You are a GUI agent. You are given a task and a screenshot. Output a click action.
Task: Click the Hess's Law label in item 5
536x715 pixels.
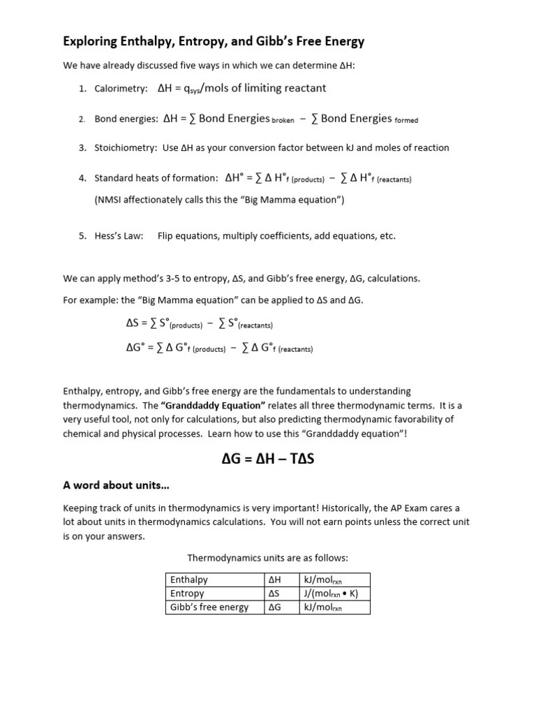[x=119, y=236]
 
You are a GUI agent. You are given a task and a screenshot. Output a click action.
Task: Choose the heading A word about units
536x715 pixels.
[x=117, y=485]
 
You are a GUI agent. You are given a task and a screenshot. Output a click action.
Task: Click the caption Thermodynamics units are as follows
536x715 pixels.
[x=267, y=558]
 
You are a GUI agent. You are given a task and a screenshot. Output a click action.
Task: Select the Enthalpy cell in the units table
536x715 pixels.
[x=189, y=580]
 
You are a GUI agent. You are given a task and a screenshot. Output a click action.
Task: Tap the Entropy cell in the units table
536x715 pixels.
[x=187, y=594]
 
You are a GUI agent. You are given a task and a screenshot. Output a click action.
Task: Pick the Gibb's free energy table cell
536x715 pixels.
[x=209, y=607]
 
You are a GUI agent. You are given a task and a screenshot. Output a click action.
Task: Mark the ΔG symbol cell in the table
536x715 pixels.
[x=274, y=607]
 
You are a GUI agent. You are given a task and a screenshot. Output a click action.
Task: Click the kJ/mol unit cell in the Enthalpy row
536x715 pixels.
[x=322, y=580]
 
